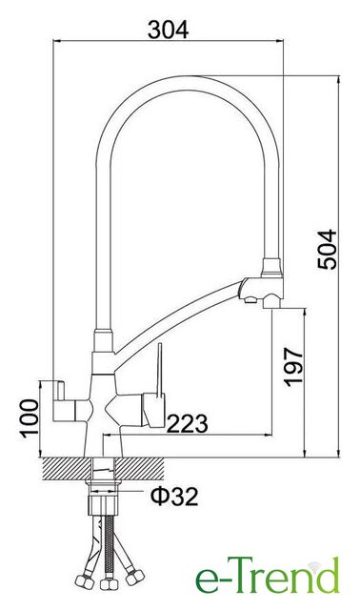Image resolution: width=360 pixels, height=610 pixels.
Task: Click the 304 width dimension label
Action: [x=168, y=30]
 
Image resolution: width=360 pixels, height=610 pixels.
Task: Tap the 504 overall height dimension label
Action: [x=328, y=250]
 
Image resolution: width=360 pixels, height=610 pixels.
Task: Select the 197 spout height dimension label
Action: [x=293, y=367]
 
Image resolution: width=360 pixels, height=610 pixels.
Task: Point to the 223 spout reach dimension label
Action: [x=187, y=423]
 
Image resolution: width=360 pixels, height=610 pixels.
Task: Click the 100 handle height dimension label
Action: [x=30, y=418]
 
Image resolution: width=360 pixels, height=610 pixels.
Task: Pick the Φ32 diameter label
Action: [x=174, y=497]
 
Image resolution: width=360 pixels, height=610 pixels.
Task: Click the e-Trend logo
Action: [x=268, y=577]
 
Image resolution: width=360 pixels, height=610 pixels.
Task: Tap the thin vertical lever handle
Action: [x=159, y=371]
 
